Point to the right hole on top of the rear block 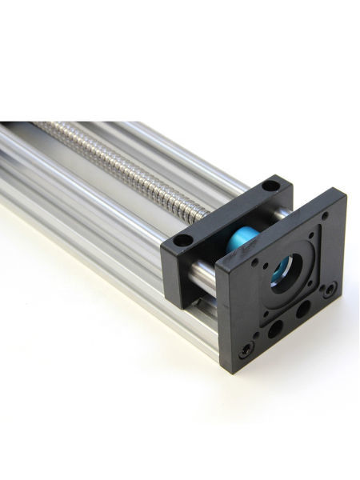pyautogui.click(x=270, y=186)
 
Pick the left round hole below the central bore pyautogui.click(x=274, y=327)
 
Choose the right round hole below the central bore pyautogui.click(x=302, y=307)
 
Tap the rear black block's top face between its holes pyautogui.click(x=228, y=212)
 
